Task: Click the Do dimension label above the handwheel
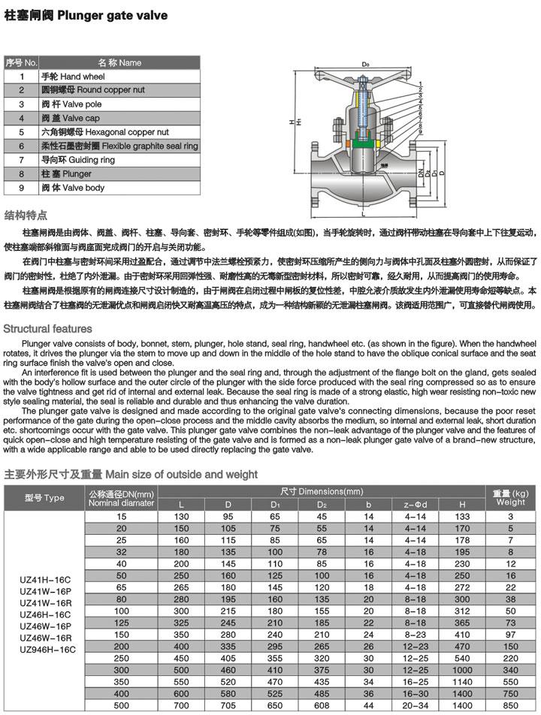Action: click(365, 65)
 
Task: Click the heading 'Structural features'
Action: click(48, 329)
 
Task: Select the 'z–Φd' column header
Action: click(415, 504)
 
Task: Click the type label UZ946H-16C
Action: click(48, 647)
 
